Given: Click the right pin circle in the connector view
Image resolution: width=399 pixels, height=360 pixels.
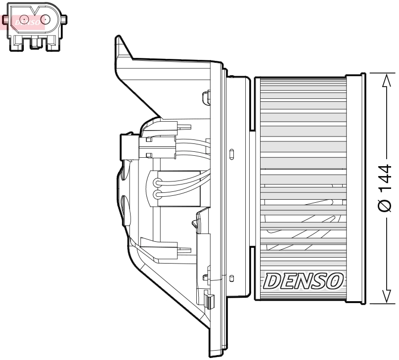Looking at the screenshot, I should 45,20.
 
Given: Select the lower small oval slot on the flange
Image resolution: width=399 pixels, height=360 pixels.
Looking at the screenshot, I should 231,279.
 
